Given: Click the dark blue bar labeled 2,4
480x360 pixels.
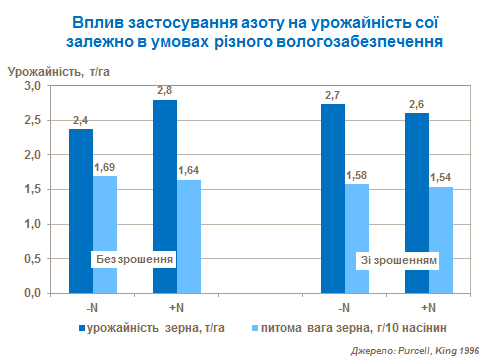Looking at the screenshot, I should coord(81,210).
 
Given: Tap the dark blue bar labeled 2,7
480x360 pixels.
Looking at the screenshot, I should coord(332,199).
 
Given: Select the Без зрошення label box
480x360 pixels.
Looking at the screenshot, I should coord(134,259).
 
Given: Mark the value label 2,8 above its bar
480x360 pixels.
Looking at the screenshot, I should coord(165,90).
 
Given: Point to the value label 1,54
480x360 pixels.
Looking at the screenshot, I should coord(441,177).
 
